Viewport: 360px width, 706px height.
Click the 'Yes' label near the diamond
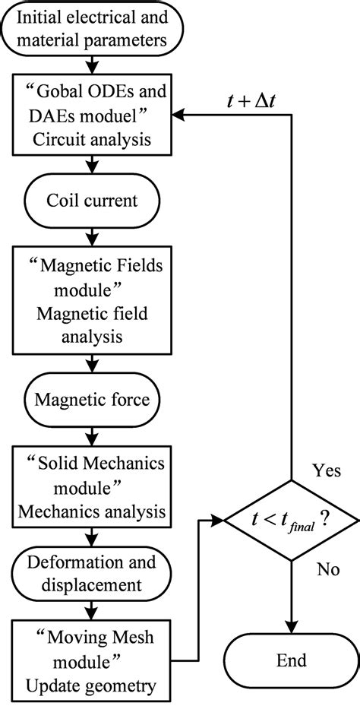tap(327, 470)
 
